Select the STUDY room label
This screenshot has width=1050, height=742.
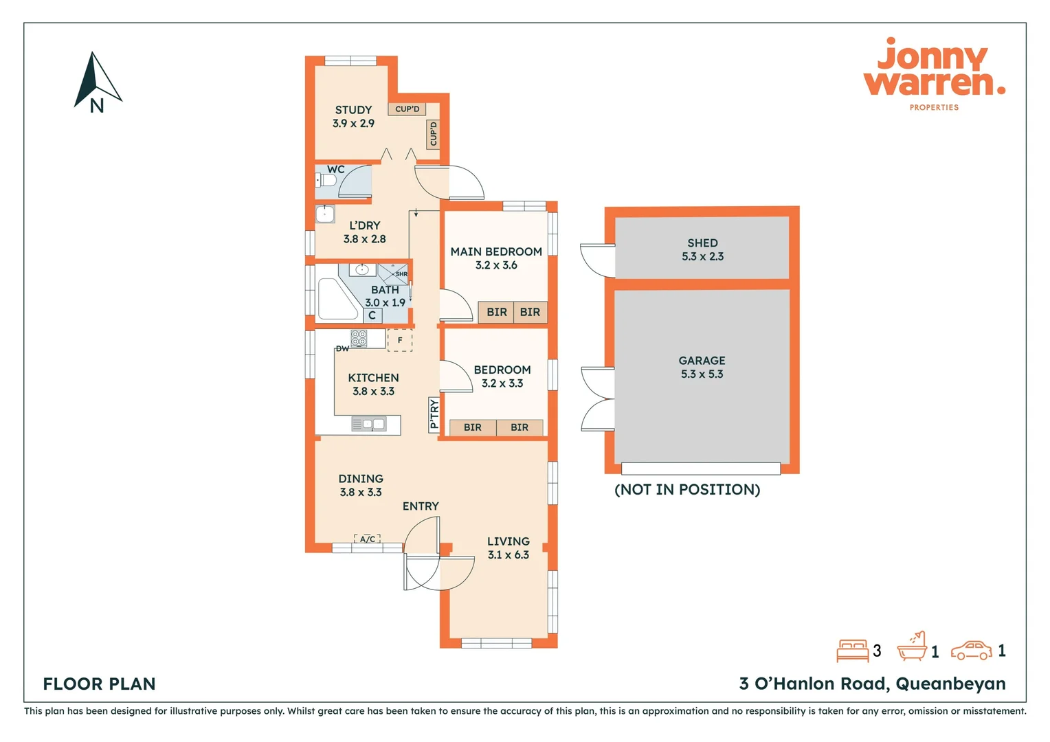(353, 110)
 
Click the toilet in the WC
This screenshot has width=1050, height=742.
(326, 181)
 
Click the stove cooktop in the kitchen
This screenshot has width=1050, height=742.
(359, 338)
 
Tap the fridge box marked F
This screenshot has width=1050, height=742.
(400, 340)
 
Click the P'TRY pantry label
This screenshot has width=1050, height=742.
(434, 414)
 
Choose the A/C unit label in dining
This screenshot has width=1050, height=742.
(368, 539)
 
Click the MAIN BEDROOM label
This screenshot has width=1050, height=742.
(496, 252)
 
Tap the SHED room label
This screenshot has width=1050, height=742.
(702, 243)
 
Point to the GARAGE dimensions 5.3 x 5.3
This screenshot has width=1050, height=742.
(702, 374)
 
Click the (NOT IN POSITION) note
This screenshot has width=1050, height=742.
(687, 490)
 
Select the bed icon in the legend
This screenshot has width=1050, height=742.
(852, 651)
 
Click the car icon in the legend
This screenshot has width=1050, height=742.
(971, 651)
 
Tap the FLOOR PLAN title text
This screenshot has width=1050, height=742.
(100, 684)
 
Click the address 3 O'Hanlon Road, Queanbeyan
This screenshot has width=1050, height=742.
(872, 684)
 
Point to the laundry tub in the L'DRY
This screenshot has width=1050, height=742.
(324, 214)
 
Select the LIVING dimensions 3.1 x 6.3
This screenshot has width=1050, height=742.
(509, 555)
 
